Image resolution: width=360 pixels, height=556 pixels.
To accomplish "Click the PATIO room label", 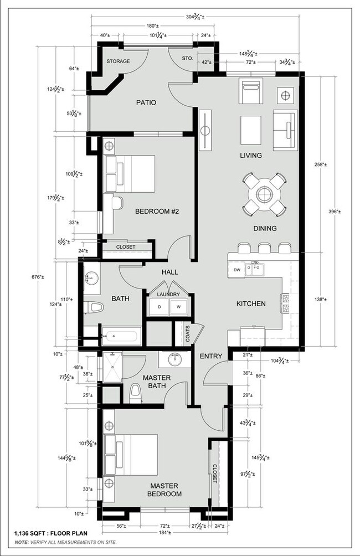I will (x=146, y=102).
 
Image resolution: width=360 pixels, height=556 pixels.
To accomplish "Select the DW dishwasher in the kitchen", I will (x=237, y=270).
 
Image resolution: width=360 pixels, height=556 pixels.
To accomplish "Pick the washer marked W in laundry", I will (x=178, y=306).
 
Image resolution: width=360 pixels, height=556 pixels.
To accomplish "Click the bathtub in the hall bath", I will (x=121, y=336).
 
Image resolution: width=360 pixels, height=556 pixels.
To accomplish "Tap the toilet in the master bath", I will (x=135, y=393).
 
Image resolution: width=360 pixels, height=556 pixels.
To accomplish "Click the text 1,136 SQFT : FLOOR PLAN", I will (x=50, y=533).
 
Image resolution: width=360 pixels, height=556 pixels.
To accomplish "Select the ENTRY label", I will (x=210, y=356).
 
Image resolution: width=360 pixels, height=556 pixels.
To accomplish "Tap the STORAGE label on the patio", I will (x=118, y=61).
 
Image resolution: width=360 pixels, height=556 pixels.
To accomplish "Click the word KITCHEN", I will (x=251, y=303).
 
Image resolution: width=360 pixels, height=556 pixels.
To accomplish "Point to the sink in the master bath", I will (x=176, y=359).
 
